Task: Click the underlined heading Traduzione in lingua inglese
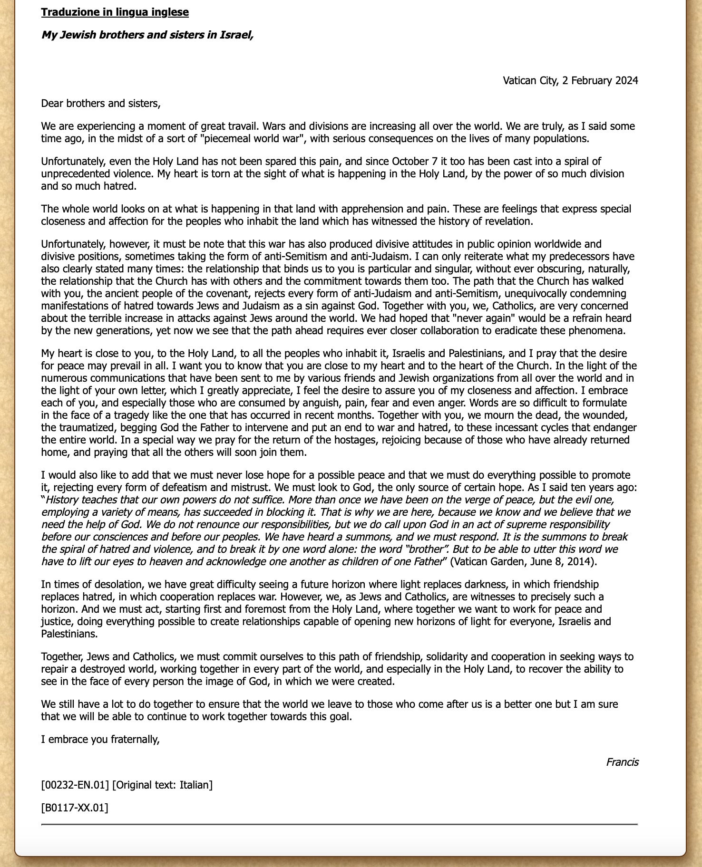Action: pyautogui.click(x=115, y=12)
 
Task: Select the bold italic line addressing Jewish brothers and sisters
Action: pyautogui.click(x=147, y=35)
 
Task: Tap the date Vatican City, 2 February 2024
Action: pyautogui.click(x=570, y=80)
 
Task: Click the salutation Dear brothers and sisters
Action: pyautogui.click(x=101, y=103)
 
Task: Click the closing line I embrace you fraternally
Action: pyautogui.click(x=100, y=739)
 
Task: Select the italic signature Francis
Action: pyautogui.click(x=622, y=762)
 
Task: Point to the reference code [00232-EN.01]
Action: pyautogui.click(x=75, y=785)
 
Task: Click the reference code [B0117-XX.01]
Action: pyautogui.click(x=75, y=807)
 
